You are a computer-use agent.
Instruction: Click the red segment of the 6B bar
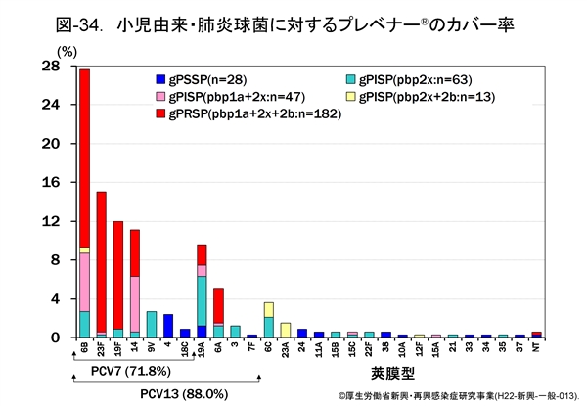pos(85,157)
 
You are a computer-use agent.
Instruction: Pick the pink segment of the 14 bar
pos(135,303)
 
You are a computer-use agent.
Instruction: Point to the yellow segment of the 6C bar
pos(269,309)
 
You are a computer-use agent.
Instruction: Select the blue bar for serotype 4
pos(168,326)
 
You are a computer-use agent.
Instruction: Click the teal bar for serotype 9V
pos(152,324)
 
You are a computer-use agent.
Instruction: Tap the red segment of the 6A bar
pos(218,305)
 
